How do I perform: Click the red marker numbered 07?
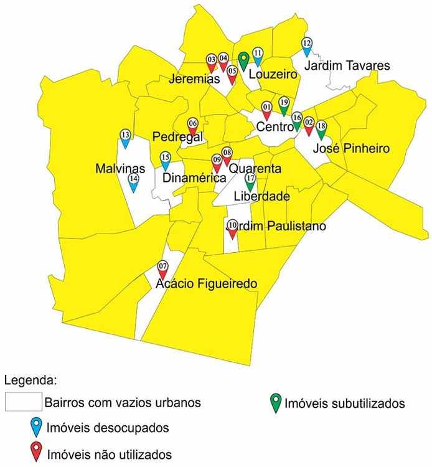162,269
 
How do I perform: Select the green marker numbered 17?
250,182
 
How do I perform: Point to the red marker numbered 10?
232,229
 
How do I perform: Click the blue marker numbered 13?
125,138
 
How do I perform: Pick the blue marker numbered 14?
133,181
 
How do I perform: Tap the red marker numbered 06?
192,127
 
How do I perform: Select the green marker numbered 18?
321,130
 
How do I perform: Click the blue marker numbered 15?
165,161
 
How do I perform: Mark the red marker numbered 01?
266,111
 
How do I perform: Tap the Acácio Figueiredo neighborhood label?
207,284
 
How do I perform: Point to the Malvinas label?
120,168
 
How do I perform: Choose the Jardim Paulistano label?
276,226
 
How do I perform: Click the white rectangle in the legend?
22,402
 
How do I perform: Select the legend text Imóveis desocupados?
106,428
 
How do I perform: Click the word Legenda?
31,379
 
